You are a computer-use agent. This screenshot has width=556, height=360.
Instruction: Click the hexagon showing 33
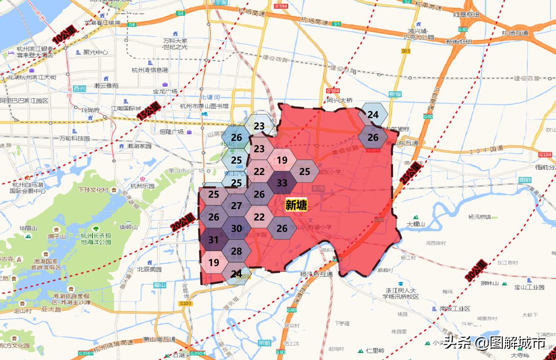point(282,183)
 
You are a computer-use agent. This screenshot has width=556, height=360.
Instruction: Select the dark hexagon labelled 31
point(213,240)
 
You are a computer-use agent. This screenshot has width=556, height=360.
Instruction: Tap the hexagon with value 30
point(236,228)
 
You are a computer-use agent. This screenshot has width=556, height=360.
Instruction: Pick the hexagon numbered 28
point(236,251)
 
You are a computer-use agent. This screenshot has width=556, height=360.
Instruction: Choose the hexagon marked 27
point(236,206)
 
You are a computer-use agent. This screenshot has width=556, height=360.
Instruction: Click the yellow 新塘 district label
point(296,205)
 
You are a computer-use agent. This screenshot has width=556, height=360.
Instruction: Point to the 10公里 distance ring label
point(64,35)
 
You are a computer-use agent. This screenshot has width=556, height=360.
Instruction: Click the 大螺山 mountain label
point(415,224)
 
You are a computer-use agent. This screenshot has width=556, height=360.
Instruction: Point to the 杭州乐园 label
point(142,186)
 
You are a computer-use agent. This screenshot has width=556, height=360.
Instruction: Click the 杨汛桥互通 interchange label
point(316,274)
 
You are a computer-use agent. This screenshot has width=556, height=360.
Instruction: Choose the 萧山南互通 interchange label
point(159,340)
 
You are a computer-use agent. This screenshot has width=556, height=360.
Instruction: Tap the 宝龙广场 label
point(165,91)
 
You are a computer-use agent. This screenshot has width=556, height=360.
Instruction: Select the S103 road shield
point(185,303)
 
